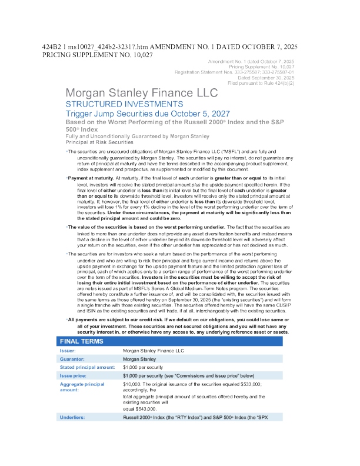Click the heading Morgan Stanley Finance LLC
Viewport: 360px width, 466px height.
coord(141,93)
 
